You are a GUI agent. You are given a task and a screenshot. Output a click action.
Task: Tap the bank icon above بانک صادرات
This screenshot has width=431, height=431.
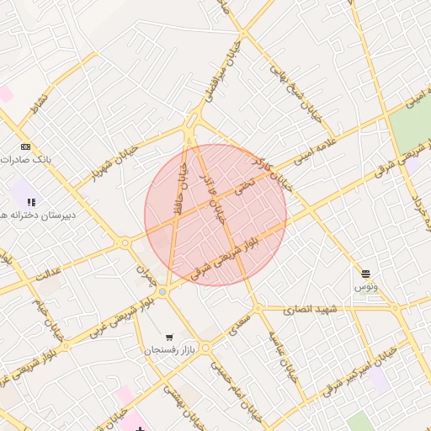click(x=25, y=146)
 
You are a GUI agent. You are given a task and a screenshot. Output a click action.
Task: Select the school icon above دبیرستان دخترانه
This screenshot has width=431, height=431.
click(x=31, y=202)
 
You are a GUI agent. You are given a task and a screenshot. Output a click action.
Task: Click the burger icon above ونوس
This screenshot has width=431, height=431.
click(x=366, y=274)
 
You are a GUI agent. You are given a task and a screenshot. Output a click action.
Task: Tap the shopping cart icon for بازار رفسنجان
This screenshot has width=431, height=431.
click(x=170, y=337)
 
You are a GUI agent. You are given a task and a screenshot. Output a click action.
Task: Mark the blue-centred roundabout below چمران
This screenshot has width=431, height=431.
click(x=162, y=291)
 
